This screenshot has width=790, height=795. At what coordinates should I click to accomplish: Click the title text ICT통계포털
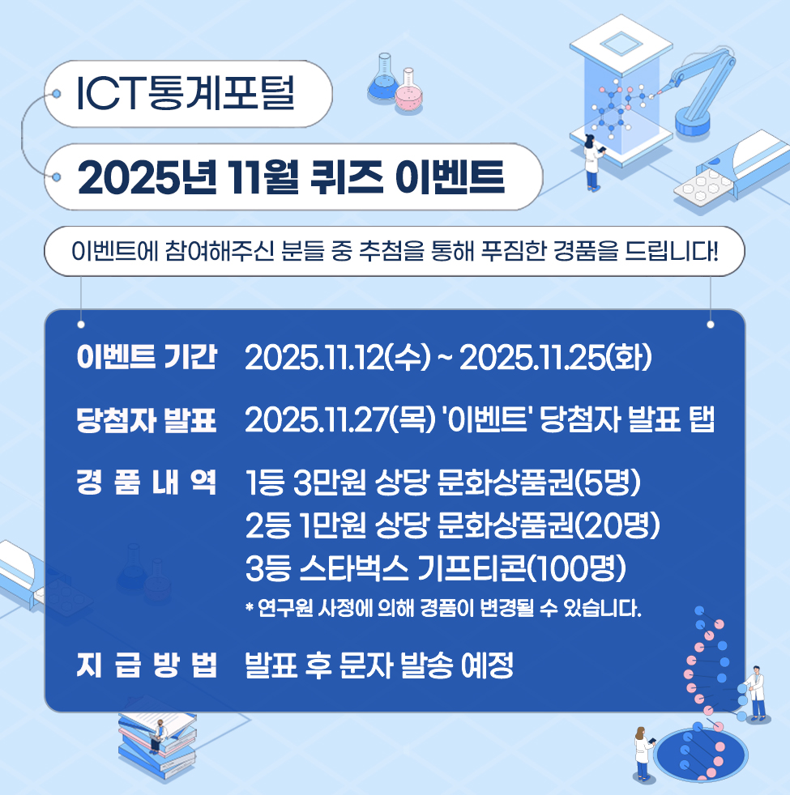185,94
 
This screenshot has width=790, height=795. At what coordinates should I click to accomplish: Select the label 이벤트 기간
147,358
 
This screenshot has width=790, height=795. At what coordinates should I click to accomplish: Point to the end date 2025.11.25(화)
555,358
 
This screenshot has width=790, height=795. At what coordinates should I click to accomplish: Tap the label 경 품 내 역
147,484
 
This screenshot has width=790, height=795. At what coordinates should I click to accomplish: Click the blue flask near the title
383,78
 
